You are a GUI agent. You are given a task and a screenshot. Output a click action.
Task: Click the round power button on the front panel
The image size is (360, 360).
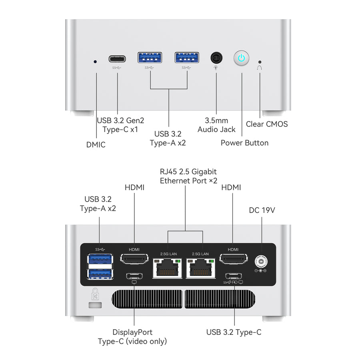pyautogui.click(x=241, y=58)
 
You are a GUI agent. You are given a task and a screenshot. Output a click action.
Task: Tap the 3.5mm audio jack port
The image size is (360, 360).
pyautogui.click(x=216, y=58)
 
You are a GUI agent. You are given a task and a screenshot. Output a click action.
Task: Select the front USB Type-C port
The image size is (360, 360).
pyautogui.click(x=117, y=59)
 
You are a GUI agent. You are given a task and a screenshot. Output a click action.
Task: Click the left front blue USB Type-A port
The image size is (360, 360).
pyautogui.click(x=150, y=58)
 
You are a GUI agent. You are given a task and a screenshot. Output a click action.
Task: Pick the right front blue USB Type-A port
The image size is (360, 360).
pyautogui.click(x=187, y=58)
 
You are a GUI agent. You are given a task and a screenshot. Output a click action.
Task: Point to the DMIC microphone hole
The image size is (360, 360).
pyautogui.click(x=95, y=62)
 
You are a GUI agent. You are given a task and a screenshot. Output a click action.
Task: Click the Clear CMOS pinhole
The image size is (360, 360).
pyautogui.click(x=260, y=62)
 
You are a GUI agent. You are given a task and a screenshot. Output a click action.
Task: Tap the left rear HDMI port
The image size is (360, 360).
pyautogui.click(x=134, y=261)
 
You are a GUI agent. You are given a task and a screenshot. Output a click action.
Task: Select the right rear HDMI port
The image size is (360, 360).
pyautogui.click(x=233, y=261)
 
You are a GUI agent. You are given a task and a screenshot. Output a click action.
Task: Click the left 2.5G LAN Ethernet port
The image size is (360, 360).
pyautogui.click(x=168, y=268)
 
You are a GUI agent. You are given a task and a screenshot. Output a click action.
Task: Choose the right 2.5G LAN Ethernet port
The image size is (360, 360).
pyautogui.click(x=201, y=268)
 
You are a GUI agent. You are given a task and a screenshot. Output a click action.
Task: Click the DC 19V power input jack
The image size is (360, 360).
pyautogui.click(x=261, y=262)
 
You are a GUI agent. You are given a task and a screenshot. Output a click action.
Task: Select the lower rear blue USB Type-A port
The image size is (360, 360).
pyautogui.click(x=100, y=274)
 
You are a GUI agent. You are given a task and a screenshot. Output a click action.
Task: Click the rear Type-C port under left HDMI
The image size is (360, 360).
pyautogui.click(x=134, y=276)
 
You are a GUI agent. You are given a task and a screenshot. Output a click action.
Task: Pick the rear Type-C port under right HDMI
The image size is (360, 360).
pyautogui.click(x=233, y=276)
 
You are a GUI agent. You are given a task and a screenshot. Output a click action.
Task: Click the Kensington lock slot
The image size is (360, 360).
pyautogui.click(x=95, y=305)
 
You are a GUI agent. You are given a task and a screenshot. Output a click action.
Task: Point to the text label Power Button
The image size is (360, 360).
pyautogui.click(x=244, y=143)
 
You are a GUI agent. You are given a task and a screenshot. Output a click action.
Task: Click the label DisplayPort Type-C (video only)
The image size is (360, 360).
pyautogui.click(x=132, y=337)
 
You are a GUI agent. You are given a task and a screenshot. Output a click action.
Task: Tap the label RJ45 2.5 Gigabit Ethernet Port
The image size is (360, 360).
pyautogui.click(x=188, y=176)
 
